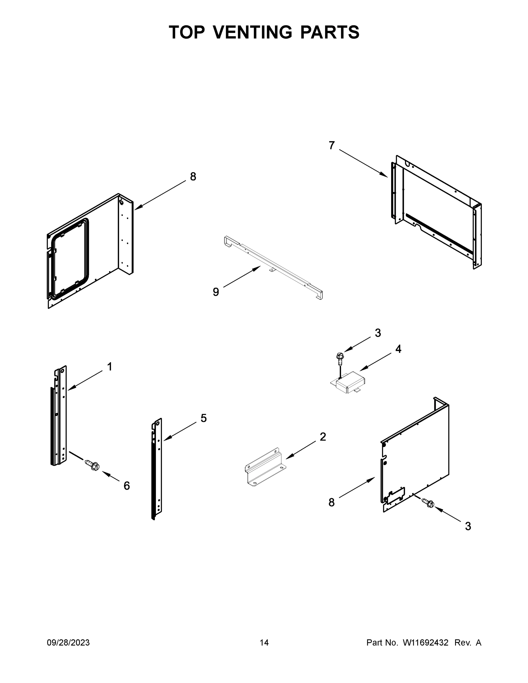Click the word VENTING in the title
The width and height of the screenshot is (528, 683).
point(253,32)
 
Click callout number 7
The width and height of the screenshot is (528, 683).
point(332,145)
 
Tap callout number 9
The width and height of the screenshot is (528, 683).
point(216,292)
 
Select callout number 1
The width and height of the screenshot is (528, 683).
point(110,367)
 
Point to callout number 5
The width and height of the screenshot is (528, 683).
point(204,418)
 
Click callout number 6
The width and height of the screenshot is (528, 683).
point(126,486)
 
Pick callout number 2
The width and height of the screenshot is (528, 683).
point(323,437)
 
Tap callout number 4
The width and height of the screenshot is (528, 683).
point(398,349)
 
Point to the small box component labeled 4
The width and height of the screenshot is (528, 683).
point(349,382)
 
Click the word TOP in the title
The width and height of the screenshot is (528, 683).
point(187,32)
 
